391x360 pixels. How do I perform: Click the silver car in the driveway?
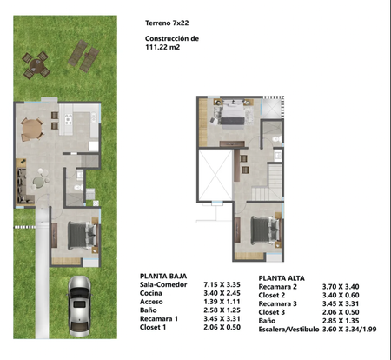pos(79,306)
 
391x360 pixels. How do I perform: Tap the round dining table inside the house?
pos(31,130)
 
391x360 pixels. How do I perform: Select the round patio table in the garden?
pos(36,65)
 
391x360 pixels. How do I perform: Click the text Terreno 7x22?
pos(167,23)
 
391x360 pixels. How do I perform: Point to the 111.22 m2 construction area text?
pos(162,47)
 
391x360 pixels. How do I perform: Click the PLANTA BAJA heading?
pos(163,276)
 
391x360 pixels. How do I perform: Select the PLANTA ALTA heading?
pos(282,278)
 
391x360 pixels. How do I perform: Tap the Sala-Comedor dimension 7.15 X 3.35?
pos(222,284)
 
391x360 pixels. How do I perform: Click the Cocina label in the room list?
pos(150,293)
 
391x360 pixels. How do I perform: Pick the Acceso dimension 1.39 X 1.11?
pos(222,302)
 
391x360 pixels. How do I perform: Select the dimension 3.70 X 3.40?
pos(341,287)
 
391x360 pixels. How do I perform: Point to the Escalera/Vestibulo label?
pos(288,330)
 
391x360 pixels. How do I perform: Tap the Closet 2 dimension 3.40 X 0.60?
pos(341,296)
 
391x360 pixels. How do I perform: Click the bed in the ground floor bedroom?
pos(82,236)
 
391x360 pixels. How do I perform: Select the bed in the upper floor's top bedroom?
pos(233,112)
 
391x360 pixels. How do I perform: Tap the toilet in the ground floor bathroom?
pos(78,188)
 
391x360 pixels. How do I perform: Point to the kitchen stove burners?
pos(69,119)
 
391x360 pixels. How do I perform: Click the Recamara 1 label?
pos(159,319)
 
